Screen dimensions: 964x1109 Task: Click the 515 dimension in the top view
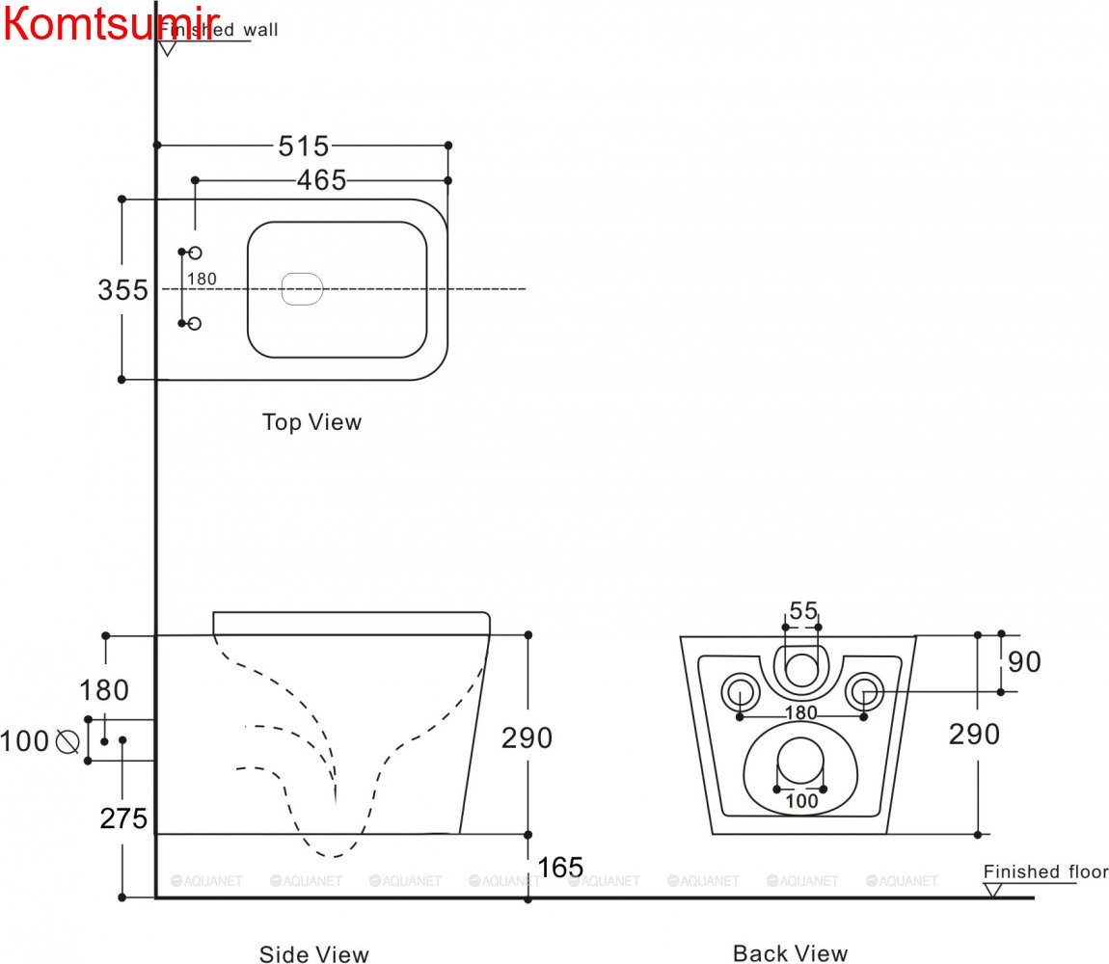pos(304,146)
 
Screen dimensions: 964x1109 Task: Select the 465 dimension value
pos(321,180)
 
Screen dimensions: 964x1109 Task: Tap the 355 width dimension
pos(122,289)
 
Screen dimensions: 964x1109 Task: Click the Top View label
pos(311,422)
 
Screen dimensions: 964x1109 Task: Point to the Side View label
pos(313,954)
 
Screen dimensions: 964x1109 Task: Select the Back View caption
pos(790,953)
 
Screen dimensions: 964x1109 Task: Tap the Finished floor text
pos(1045,871)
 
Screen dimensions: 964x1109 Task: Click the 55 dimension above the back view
pos(803,610)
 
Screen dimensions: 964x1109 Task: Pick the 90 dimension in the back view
pos(1024,662)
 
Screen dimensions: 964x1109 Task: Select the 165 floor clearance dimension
pos(560,868)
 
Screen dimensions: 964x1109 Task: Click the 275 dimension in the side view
pos(124,818)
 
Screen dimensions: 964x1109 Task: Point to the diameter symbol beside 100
pos(68,741)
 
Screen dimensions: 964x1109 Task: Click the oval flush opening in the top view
pos(301,288)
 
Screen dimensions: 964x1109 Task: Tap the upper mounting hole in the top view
pos(195,253)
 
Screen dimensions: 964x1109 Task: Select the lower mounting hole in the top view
pos(195,324)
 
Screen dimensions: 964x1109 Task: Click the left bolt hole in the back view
pos(740,690)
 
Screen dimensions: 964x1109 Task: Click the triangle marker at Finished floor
pos(992,889)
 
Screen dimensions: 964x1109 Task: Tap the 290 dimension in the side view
pos(527,737)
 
